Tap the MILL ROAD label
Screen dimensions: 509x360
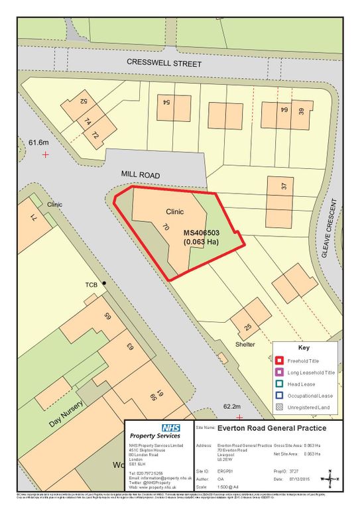pyautogui.click(x=141, y=174)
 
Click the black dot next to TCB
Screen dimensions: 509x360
pyautogui.click(x=103, y=284)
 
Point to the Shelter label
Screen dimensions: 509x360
pyautogui.click(x=245, y=345)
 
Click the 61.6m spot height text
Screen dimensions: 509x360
pyautogui.click(x=39, y=142)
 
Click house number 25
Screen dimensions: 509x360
pyautogui.click(x=249, y=327)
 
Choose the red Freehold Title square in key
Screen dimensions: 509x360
pyautogui.click(x=280, y=361)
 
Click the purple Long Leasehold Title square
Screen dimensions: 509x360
pyautogui.click(x=280, y=373)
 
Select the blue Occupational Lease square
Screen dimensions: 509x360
pyautogui.click(x=280, y=397)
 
